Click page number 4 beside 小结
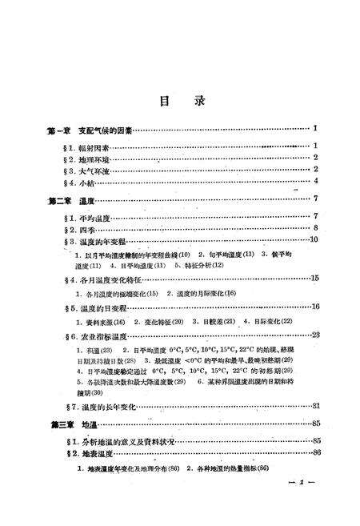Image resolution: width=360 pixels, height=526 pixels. [317, 182]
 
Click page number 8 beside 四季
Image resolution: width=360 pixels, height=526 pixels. [317, 228]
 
